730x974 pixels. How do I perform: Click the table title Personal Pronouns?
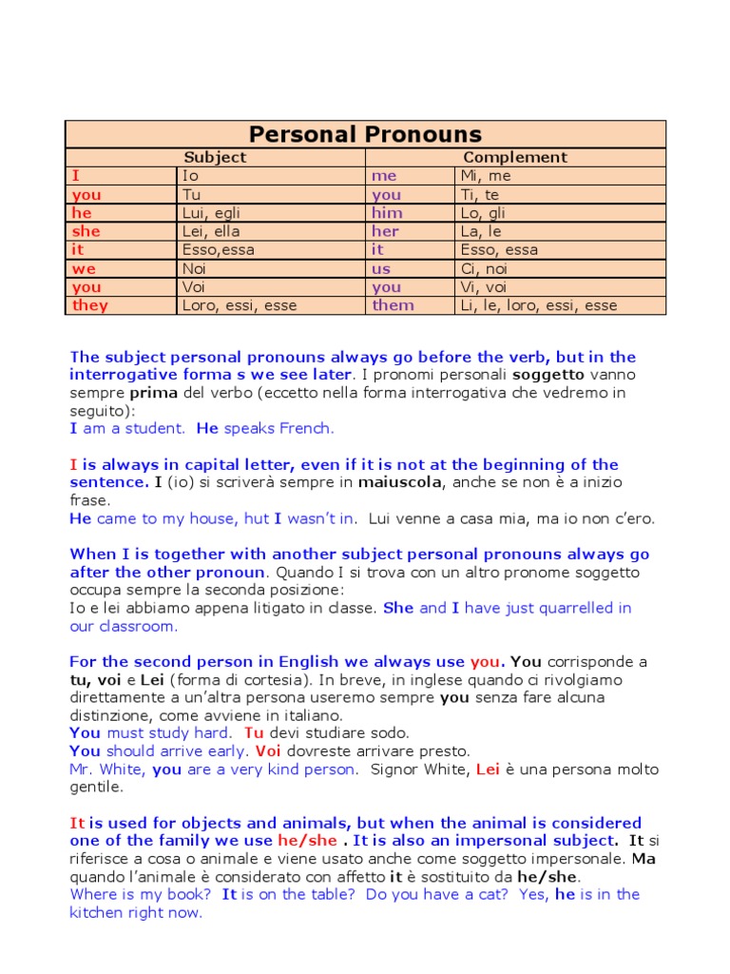pyautogui.click(x=365, y=134)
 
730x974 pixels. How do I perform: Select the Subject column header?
pyautogui.click(x=215, y=158)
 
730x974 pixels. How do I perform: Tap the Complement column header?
pyautogui.click(x=514, y=158)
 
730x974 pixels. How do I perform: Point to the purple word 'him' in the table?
pyautogui.click(x=387, y=214)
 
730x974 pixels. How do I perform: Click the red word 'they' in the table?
pyautogui.click(x=90, y=306)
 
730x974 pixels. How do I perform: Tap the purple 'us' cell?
pyautogui.click(x=380, y=269)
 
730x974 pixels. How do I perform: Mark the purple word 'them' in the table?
pyautogui.click(x=393, y=306)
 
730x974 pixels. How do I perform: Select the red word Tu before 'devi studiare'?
pyautogui.click(x=254, y=733)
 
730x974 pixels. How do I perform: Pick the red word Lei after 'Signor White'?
pyautogui.click(x=488, y=769)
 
